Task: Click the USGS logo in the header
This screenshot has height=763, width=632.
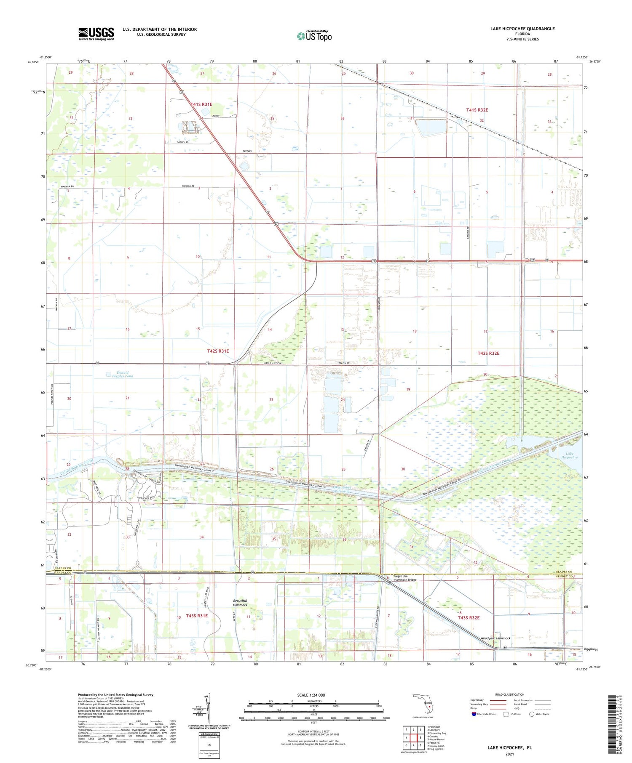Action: coord(96,34)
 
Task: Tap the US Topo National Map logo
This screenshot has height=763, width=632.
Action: coord(314,36)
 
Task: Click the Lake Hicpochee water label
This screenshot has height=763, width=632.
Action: coord(569,456)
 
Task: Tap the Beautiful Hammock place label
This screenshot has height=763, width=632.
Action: coord(240,603)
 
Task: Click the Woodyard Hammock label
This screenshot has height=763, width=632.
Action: coord(495,638)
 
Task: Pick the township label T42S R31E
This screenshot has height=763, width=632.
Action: coord(218,351)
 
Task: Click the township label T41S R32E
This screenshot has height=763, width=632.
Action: coord(477,110)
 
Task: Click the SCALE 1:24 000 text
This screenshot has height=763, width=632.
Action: coord(311,695)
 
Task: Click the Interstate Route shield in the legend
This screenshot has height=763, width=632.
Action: coord(474,714)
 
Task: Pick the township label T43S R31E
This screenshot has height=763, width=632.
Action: coord(197,616)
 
